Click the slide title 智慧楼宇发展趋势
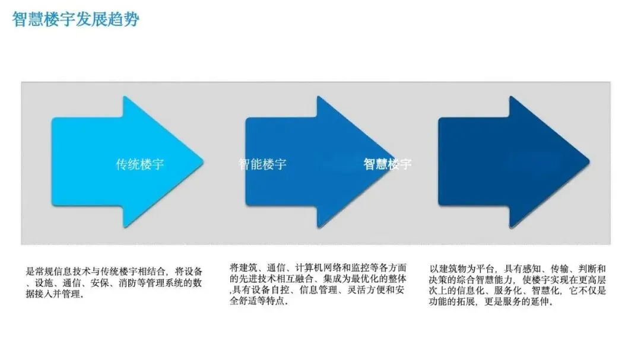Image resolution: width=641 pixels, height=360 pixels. (75, 19)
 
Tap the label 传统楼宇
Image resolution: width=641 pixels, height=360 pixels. (139, 164)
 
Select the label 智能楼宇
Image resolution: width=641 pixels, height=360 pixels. (262, 164)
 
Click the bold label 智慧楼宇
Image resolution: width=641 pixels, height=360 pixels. (387, 164)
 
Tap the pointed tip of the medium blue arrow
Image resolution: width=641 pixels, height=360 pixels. (395, 161)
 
